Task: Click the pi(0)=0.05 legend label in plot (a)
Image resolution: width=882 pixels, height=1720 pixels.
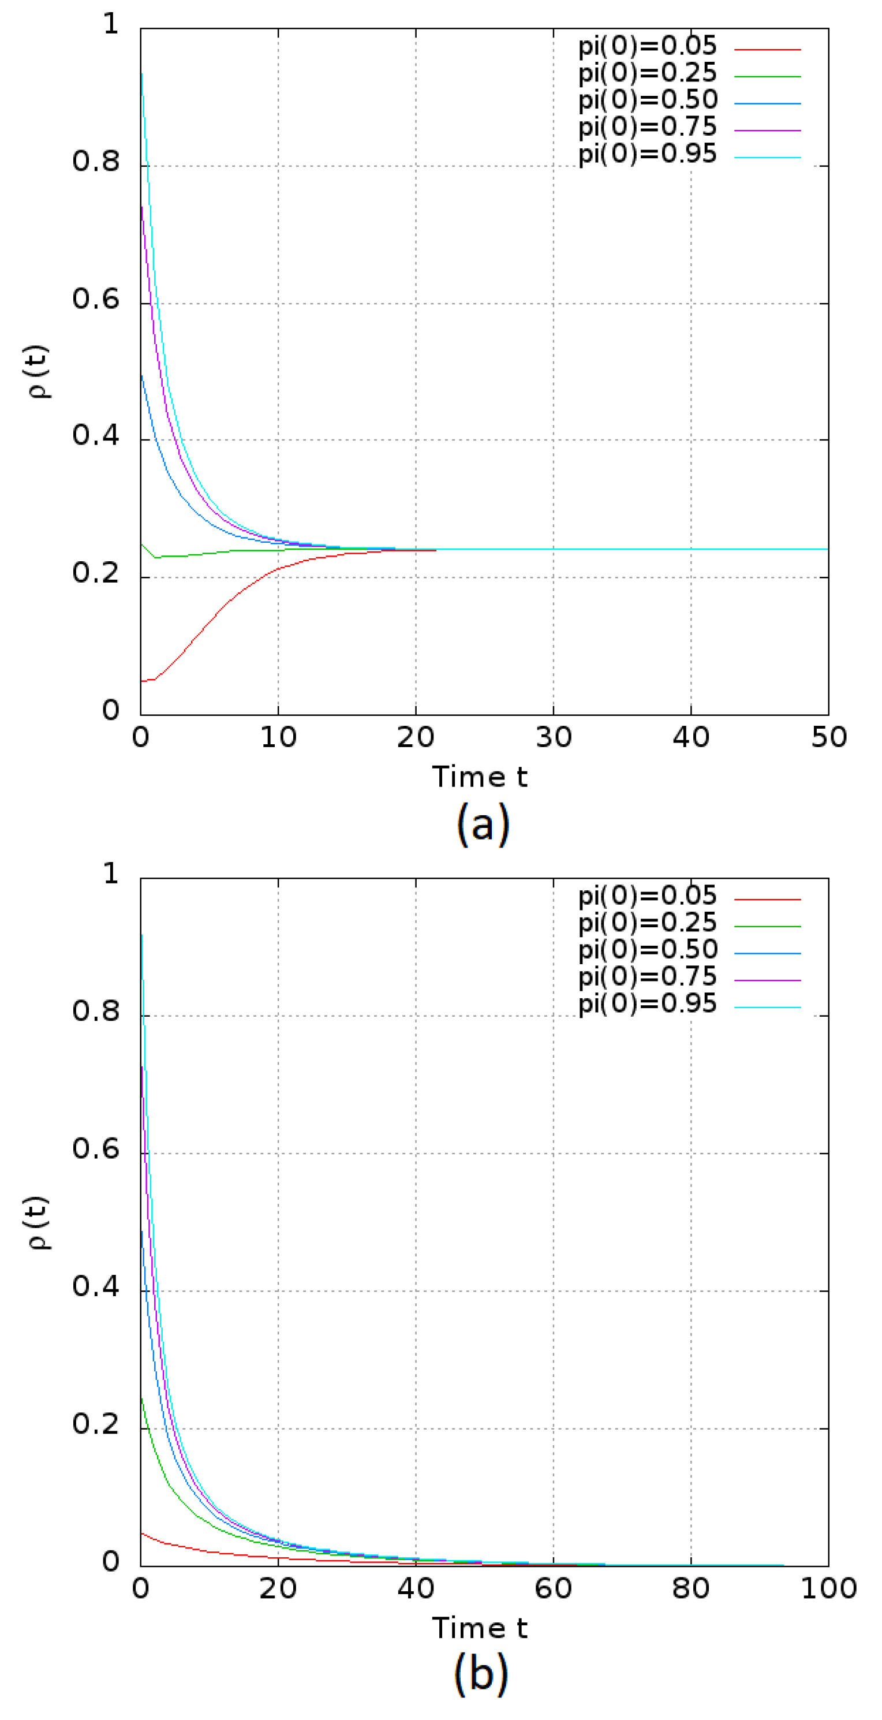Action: (x=646, y=46)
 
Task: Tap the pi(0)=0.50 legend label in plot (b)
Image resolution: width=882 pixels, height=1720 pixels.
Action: (x=647, y=949)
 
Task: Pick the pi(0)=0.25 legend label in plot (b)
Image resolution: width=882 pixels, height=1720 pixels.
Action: (x=646, y=923)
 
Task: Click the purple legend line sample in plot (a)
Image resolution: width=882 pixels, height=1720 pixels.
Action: (x=767, y=131)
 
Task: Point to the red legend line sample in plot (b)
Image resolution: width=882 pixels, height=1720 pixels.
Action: (x=767, y=900)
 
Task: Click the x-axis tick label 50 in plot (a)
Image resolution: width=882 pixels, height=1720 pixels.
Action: (x=828, y=738)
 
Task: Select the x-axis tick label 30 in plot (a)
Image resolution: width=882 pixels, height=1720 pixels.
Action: (x=554, y=738)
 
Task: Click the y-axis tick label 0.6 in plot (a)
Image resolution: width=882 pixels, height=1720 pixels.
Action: (x=95, y=300)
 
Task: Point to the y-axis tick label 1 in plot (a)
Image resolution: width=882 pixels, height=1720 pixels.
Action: (x=111, y=25)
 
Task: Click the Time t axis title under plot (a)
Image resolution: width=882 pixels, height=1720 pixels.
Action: (x=480, y=777)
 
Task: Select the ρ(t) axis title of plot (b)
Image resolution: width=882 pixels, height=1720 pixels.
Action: (x=38, y=1222)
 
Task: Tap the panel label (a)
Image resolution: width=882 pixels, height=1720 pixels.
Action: (x=482, y=824)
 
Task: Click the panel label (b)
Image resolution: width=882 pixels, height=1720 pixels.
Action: (x=481, y=1674)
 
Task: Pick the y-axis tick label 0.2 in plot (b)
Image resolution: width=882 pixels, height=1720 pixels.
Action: (x=95, y=1424)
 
